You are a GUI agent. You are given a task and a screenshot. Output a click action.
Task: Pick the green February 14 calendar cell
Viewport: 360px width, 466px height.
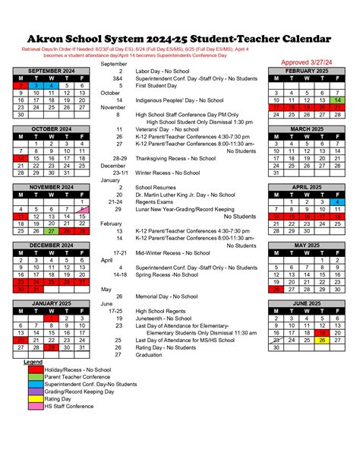pyautogui.click(x=338, y=100)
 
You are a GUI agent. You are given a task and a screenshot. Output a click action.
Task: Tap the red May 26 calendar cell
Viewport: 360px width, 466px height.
pyautogui.click(x=276, y=289)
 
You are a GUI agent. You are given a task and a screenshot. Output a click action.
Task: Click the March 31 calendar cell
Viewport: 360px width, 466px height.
pyautogui.click(x=276, y=173)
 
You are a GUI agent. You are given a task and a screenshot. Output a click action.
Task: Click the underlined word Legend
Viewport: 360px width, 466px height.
pyautogui.click(x=33, y=362)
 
